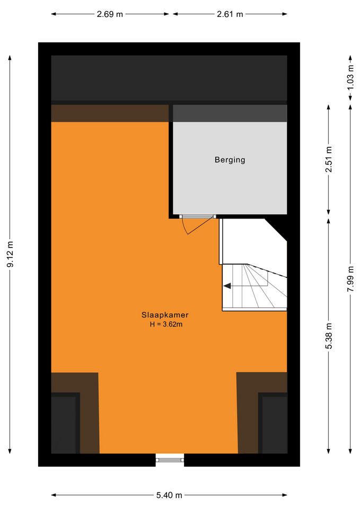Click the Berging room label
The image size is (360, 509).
(230, 160)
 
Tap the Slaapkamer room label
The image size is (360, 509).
(165, 315)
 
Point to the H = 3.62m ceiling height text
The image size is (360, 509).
(166, 324)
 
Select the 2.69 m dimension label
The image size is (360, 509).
(110, 14)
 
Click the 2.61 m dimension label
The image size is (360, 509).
(230, 14)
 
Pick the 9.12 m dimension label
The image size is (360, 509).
(11, 254)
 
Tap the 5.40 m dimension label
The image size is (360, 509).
(169, 495)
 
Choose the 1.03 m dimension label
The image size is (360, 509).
(350, 78)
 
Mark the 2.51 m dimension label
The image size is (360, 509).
(329, 160)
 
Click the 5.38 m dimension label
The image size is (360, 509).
(329, 336)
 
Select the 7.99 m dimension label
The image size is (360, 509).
(350, 278)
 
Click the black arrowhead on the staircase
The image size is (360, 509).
(227, 286)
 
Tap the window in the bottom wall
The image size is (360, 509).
(170, 460)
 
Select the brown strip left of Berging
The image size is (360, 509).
(110, 113)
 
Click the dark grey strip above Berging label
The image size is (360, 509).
(230, 113)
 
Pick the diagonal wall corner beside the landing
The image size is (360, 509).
(276, 230)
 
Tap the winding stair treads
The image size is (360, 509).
(254, 287)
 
